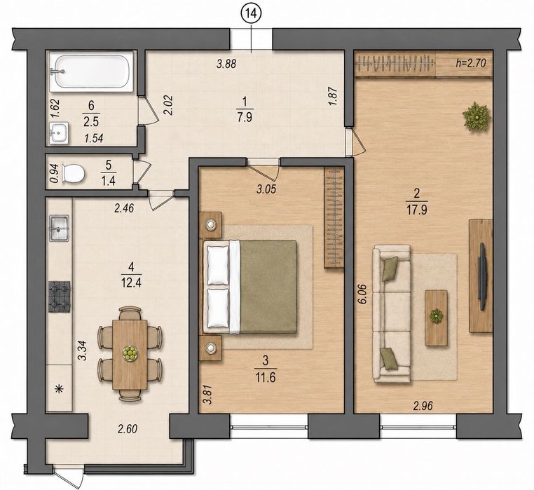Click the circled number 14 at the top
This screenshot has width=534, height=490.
252,14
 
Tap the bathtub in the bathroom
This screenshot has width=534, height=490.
91,72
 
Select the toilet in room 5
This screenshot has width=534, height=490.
73,173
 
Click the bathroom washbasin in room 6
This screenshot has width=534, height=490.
59,133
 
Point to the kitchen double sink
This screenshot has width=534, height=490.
60,228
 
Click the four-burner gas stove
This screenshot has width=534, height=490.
60,297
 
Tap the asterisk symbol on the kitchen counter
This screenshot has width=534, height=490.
60,388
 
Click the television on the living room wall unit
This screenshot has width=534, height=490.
482,276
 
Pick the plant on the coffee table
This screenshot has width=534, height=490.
436,316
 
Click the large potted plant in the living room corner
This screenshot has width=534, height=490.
476,117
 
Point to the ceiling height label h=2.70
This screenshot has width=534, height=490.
470,63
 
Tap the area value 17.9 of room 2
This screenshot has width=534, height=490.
416,209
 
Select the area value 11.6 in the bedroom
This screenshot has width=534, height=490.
266,377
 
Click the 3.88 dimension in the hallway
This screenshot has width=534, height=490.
226,64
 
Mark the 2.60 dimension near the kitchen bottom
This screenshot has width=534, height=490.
128,429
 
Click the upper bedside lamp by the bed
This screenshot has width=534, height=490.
211,225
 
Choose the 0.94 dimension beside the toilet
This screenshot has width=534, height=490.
55,174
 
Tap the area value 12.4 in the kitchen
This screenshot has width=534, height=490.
131,282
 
